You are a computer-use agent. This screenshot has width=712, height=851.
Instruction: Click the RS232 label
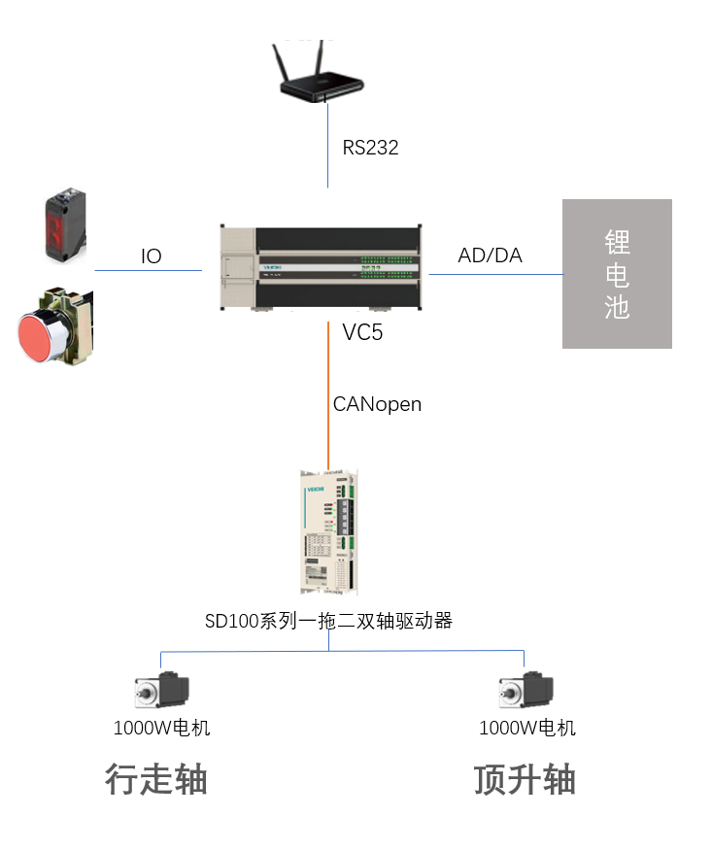(x=370, y=148)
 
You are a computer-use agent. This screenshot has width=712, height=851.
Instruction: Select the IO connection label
(x=151, y=256)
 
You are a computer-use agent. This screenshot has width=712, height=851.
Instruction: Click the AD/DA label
(x=490, y=255)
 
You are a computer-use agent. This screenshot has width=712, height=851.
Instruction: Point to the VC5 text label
(x=362, y=333)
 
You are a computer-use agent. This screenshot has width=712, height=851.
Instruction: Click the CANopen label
(x=377, y=404)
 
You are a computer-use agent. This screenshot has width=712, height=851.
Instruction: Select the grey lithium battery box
(x=617, y=273)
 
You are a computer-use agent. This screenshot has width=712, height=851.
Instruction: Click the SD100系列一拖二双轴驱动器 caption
(x=328, y=621)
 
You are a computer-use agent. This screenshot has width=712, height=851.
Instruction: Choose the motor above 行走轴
(x=161, y=691)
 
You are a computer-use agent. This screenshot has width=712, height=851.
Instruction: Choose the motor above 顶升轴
(x=526, y=691)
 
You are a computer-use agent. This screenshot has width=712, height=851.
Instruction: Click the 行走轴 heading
(x=156, y=780)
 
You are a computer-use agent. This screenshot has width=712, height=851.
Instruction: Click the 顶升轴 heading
(x=525, y=780)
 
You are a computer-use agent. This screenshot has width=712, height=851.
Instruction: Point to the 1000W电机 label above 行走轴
(x=161, y=728)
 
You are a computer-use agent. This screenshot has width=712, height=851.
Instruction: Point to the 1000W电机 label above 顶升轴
(x=527, y=728)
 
